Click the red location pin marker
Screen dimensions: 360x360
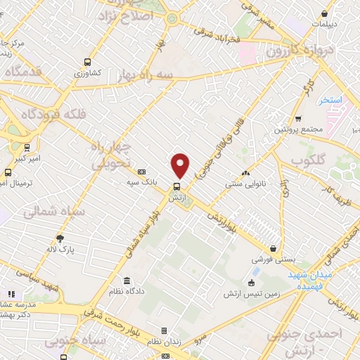pos(181,165)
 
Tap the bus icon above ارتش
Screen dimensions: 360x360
pos(176,187)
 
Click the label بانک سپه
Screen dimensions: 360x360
pos(141,182)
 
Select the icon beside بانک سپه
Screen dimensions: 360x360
pos(141,172)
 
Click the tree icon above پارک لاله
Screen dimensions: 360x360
pos(60,238)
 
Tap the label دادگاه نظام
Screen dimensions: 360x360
pos(127,290)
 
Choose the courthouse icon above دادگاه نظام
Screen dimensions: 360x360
pos(126,280)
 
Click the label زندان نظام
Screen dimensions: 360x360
pos(165,341)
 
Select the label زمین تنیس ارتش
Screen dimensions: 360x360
pos(252,293)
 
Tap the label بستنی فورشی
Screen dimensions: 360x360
pos(272,259)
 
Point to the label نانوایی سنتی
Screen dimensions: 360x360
pos(245,184)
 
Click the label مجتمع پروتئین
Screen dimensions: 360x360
pos(298,130)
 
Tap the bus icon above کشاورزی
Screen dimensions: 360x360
pos(87,62)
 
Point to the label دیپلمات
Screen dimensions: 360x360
pos(325,23)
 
